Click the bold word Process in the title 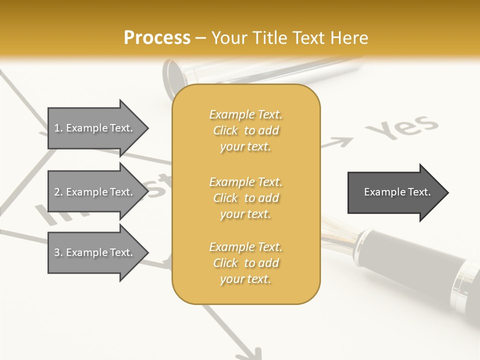(157, 38)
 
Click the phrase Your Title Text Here (290, 38)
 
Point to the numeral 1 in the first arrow (57, 128)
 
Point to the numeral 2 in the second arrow (57, 192)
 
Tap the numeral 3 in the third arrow (57, 252)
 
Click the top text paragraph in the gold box (245, 130)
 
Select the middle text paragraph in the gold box (245, 198)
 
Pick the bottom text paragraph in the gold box (245, 263)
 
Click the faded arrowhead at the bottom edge (247, 352)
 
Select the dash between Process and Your (200, 38)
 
